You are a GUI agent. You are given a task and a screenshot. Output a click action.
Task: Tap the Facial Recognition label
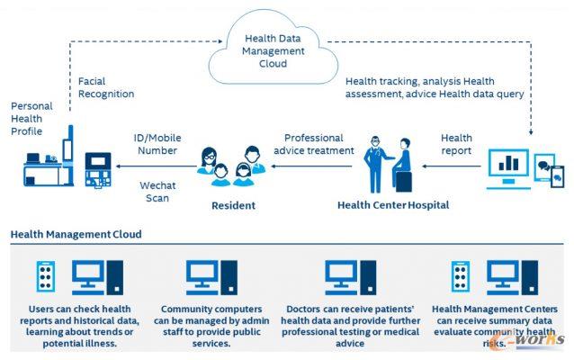(x=106, y=87)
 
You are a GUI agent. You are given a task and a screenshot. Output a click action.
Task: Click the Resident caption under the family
(x=233, y=205)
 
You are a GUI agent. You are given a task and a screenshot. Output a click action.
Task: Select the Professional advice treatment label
(x=313, y=144)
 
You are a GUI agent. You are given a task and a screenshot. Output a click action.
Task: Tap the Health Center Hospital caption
(x=392, y=205)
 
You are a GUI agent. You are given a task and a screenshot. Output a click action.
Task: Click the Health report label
(x=456, y=144)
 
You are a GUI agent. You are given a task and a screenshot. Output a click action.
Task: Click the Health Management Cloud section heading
(x=76, y=235)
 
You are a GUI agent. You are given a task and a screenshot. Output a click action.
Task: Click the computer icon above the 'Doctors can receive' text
(x=350, y=277)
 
